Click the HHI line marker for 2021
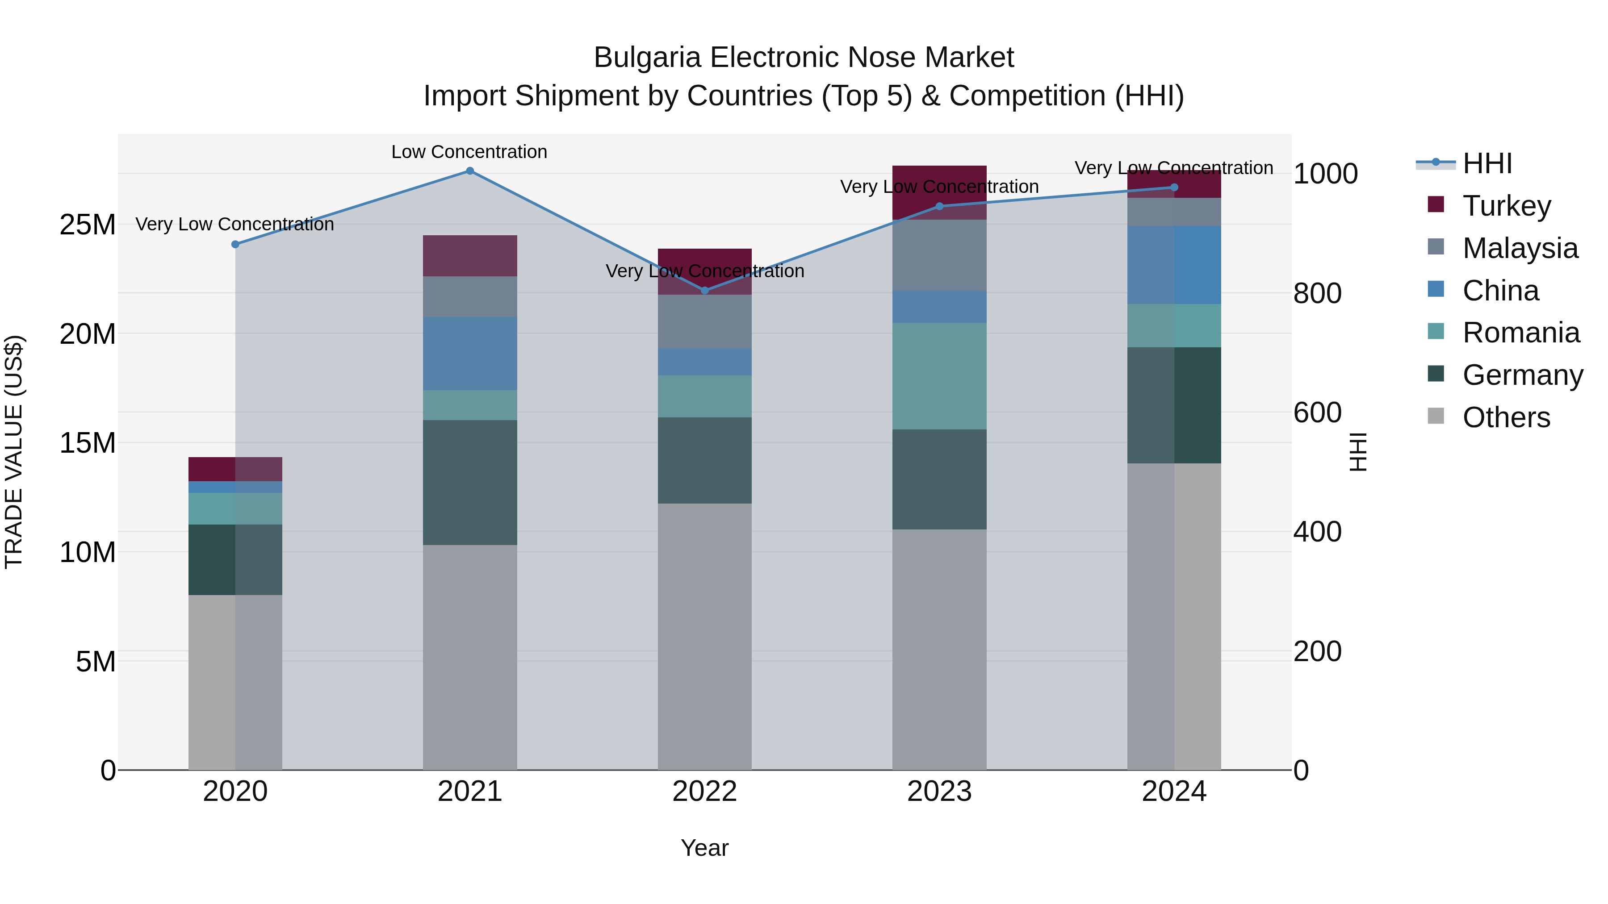[x=470, y=171]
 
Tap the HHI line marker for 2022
[x=705, y=290]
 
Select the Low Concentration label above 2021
[x=469, y=152]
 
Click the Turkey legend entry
[x=1506, y=206]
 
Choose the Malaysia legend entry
[x=1520, y=248]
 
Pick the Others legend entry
[x=1506, y=417]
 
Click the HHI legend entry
[x=1487, y=163]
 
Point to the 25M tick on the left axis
[x=88, y=225]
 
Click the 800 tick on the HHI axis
[x=1317, y=293]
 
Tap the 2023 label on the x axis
[x=939, y=792]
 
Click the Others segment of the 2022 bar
[x=705, y=636]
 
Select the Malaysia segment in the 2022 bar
[x=705, y=321]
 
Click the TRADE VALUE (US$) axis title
[x=14, y=452]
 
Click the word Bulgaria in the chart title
[x=647, y=58]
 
